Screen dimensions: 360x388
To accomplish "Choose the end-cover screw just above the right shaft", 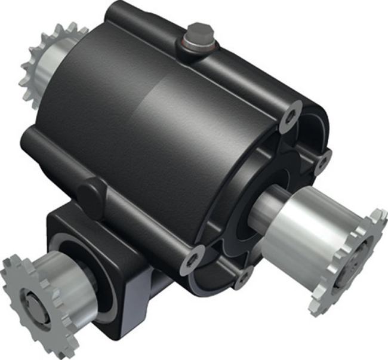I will coord(323,161).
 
